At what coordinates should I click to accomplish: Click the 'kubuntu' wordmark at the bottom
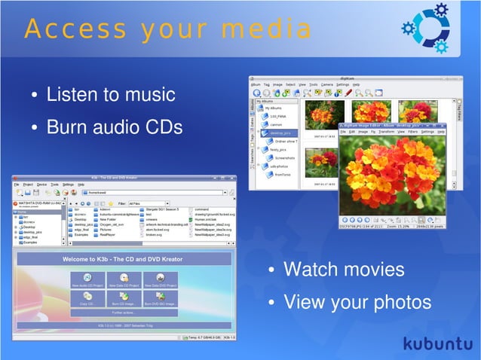pos(437,343)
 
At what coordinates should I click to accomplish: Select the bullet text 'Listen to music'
pos(110,96)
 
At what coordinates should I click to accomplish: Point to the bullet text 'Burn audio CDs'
pos(114,127)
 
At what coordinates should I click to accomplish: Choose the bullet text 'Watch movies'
pos(343,270)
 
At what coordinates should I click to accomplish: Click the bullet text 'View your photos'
pos(357,302)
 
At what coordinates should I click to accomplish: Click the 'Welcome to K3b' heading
pos(123,259)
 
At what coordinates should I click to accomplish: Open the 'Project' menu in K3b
pos(28,185)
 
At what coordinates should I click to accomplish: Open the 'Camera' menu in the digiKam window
pos(326,85)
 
